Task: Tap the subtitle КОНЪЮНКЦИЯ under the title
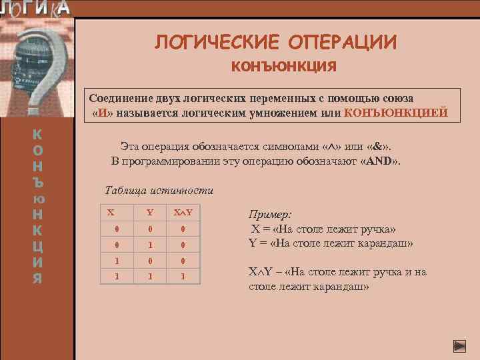pos(283,67)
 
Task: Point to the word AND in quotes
pos(369,160)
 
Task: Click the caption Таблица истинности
pos(159,190)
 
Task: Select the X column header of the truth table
pos(111,213)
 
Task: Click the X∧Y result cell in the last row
pos(183,274)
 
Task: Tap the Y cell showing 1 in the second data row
pos(150,244)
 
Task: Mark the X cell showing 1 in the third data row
pos(117,259)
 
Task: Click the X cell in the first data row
pos(117,229)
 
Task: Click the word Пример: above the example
pos(270,215)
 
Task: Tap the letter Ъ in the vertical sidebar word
pos(38,181)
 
